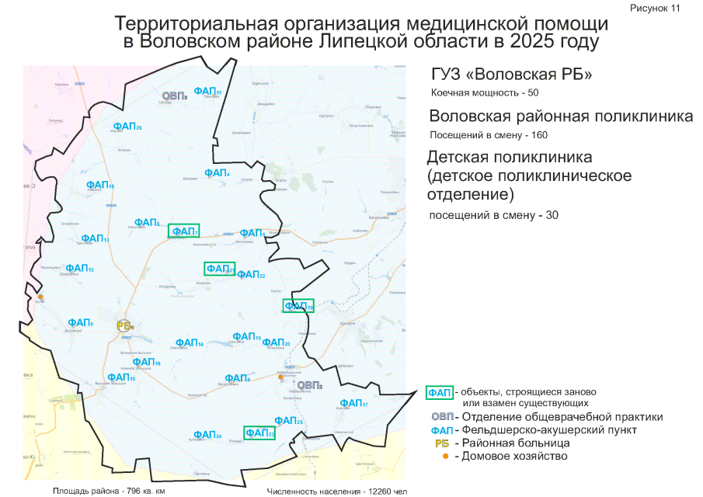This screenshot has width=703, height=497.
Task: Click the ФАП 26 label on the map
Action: [x=127, y=127]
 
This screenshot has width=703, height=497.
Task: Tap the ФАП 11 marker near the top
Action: [x=207, y=91]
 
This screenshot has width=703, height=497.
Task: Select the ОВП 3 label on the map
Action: [x=174, y=96]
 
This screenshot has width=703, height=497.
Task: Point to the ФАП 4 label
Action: [x=217, y=172]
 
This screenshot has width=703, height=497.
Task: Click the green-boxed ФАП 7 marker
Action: [x=184, y=231]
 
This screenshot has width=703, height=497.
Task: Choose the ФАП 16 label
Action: [x=100, y=185]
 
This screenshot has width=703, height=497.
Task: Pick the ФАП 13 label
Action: [x=95, y=238]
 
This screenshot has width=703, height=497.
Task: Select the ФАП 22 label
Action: [x=251, y=274]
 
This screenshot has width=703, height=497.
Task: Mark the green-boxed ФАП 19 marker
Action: [x=298, y=306]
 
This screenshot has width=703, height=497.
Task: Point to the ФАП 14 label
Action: [x=189, y=342]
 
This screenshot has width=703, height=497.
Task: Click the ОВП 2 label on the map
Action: [x=309, y=384]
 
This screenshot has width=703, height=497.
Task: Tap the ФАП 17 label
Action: [x=353, y=403]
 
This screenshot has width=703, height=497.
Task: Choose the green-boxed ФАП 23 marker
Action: [x=259, y=433]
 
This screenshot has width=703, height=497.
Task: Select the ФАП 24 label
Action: [x=207, y=435]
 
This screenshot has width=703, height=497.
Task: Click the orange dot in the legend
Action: [x=444, y=456]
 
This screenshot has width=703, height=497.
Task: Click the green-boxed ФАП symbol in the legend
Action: [x=440, y=391]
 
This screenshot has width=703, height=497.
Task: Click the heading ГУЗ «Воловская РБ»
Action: [x=512, y=75]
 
